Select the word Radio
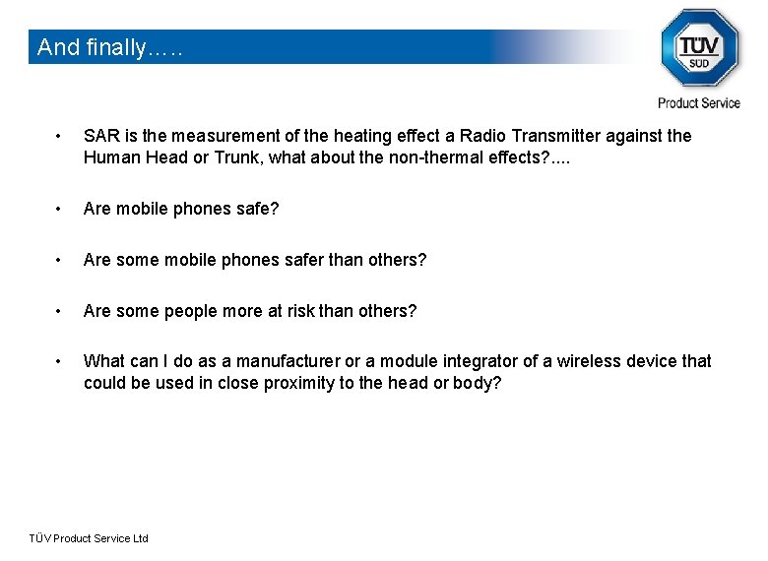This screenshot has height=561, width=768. tap(482, 136)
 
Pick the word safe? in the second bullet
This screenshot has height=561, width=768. tap(257, 209)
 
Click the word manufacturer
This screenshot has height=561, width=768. tap(288, 361)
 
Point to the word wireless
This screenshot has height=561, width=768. tap(590, 361)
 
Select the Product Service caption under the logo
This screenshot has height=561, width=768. tap(699, 102)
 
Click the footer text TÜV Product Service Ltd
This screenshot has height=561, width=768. tap(89, 538)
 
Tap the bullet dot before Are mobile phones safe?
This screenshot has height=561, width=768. tap(60, 209)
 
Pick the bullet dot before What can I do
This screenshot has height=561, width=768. tap(60, 361)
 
